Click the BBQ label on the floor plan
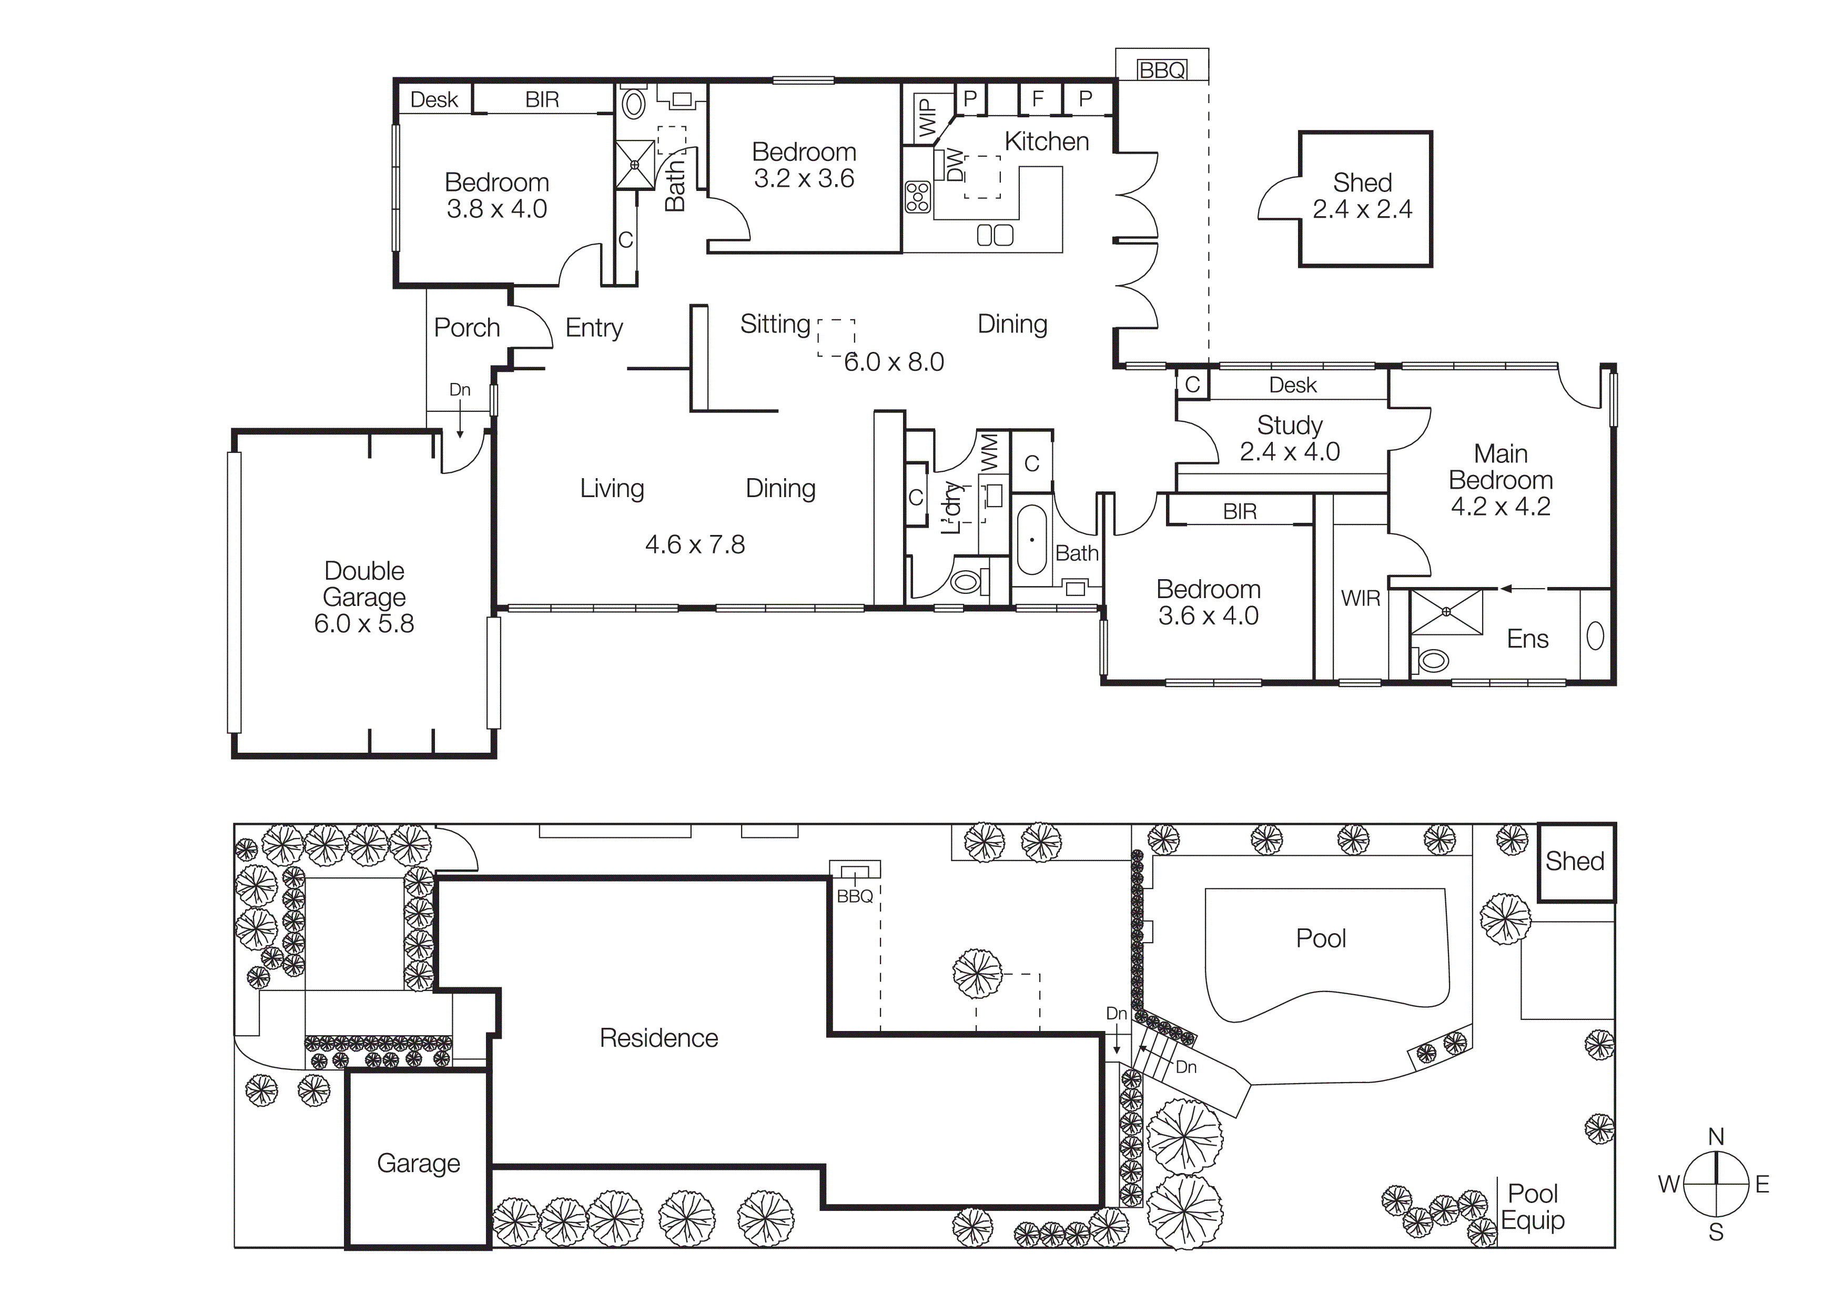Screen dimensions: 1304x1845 [1162, 70]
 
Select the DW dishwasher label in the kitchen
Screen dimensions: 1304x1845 [954, 166]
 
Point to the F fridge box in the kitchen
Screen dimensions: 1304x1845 [1038, 99]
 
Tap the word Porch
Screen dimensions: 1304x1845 [467, 328]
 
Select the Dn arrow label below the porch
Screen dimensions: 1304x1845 [460, 390]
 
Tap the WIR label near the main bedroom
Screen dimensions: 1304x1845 [1361, 599]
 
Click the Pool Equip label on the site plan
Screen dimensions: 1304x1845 [1533, 1207]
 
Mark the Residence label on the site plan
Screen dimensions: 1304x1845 [659, 1038]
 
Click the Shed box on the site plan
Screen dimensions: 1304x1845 [1575, 861]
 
